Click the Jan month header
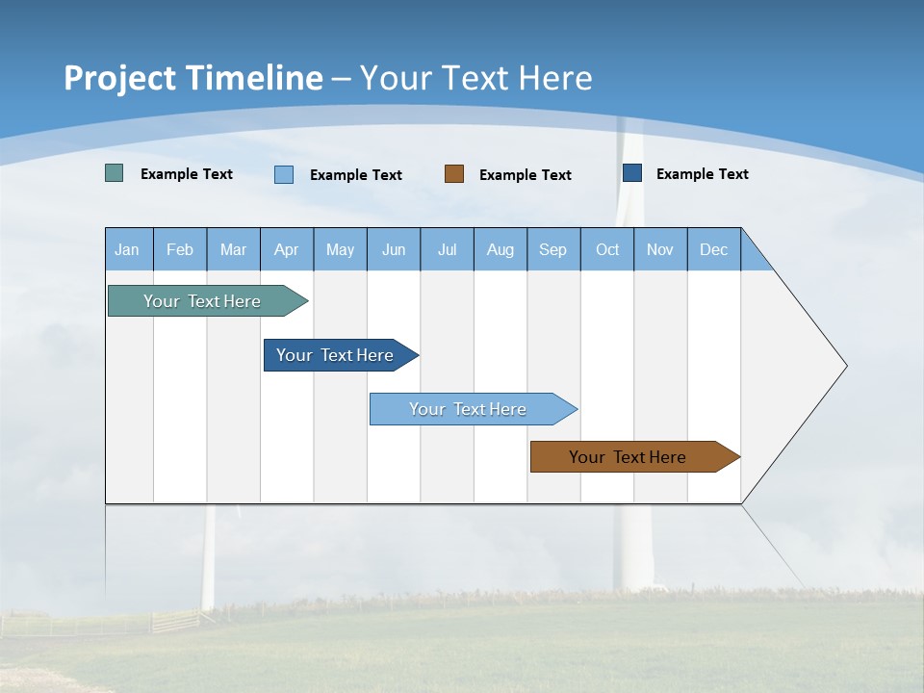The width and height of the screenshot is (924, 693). (128, 249)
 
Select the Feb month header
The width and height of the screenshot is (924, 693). (180, 249)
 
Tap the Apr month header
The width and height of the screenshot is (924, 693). (287, 249)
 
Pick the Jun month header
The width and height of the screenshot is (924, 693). (394, 249)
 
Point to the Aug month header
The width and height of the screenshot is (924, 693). (500, 249)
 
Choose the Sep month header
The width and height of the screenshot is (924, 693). (553, 249)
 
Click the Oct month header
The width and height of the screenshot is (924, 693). (607, 249)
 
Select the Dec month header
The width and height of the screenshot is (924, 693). (714, 249)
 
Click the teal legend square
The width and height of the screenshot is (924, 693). (115, 173)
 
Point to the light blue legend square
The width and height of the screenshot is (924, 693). (284, 174)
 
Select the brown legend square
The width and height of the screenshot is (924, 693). (454, 173)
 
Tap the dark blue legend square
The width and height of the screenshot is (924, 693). (632, 172)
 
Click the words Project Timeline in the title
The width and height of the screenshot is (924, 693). (193, 78)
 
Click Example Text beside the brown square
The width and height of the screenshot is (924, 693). (526, 174)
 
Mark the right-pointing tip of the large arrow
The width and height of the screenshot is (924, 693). (844, 366)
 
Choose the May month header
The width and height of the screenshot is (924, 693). (340, 249)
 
